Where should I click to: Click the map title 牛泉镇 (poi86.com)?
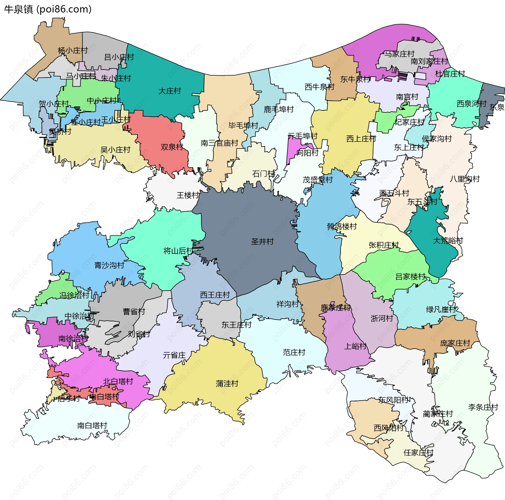tap(48, 9)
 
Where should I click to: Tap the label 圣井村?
tap(262, 241)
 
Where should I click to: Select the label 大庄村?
tap(170, 91)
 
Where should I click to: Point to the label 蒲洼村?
tap(227, 384)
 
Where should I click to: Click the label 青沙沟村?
tap(109, 265)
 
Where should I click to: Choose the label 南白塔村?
tap(92, 425)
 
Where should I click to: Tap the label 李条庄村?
tap(483, 407)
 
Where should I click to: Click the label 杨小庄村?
tap(73, 50)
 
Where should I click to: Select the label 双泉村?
tap(172, 147)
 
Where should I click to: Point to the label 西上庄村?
tap(361, 138)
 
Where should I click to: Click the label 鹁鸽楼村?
tap(342, 226)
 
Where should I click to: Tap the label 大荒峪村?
tap(448, 241)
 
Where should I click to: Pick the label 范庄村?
tap(294, 352)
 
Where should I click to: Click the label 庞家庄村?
tap(455, 343)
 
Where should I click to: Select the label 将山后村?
tap(178, 251)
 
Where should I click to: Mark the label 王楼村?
tap(188, 195)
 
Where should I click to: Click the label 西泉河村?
tap(471, 103)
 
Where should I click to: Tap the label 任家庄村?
tap(418, 453)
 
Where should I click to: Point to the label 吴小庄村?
tap(115, 150)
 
